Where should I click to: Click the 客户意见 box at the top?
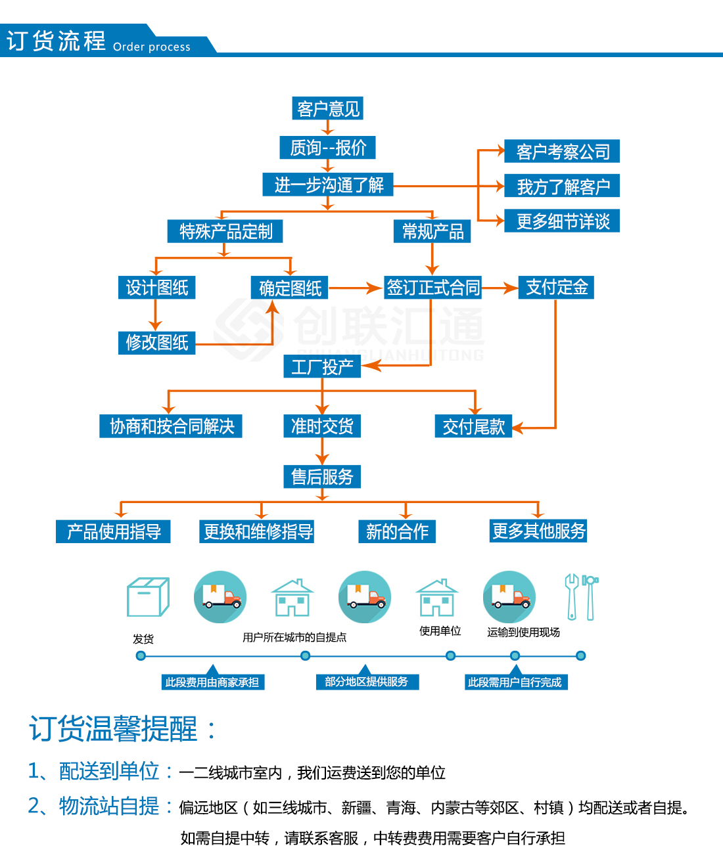(327, 108)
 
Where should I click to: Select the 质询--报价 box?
(327, 148)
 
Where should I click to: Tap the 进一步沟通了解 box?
(328, 185)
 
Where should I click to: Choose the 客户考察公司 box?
(562, 152)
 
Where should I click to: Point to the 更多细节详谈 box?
(562, 221)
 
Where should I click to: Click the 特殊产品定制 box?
(225, 231)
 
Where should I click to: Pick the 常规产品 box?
(432, 231)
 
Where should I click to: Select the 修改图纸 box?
(156, 342)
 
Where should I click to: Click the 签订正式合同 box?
(432, 288)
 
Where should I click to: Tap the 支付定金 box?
(556, 288)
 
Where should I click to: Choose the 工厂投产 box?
(322, 366)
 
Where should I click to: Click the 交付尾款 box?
(473, 427)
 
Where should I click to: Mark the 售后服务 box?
(322, 477)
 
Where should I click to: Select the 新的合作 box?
(397, 531)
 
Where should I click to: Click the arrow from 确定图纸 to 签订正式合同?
(355, 288)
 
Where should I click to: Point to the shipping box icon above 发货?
(148, 597)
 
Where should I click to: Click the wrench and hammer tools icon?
(581, 597)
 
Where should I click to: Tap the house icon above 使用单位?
(436, 597)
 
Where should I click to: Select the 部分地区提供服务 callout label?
(367, 682)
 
